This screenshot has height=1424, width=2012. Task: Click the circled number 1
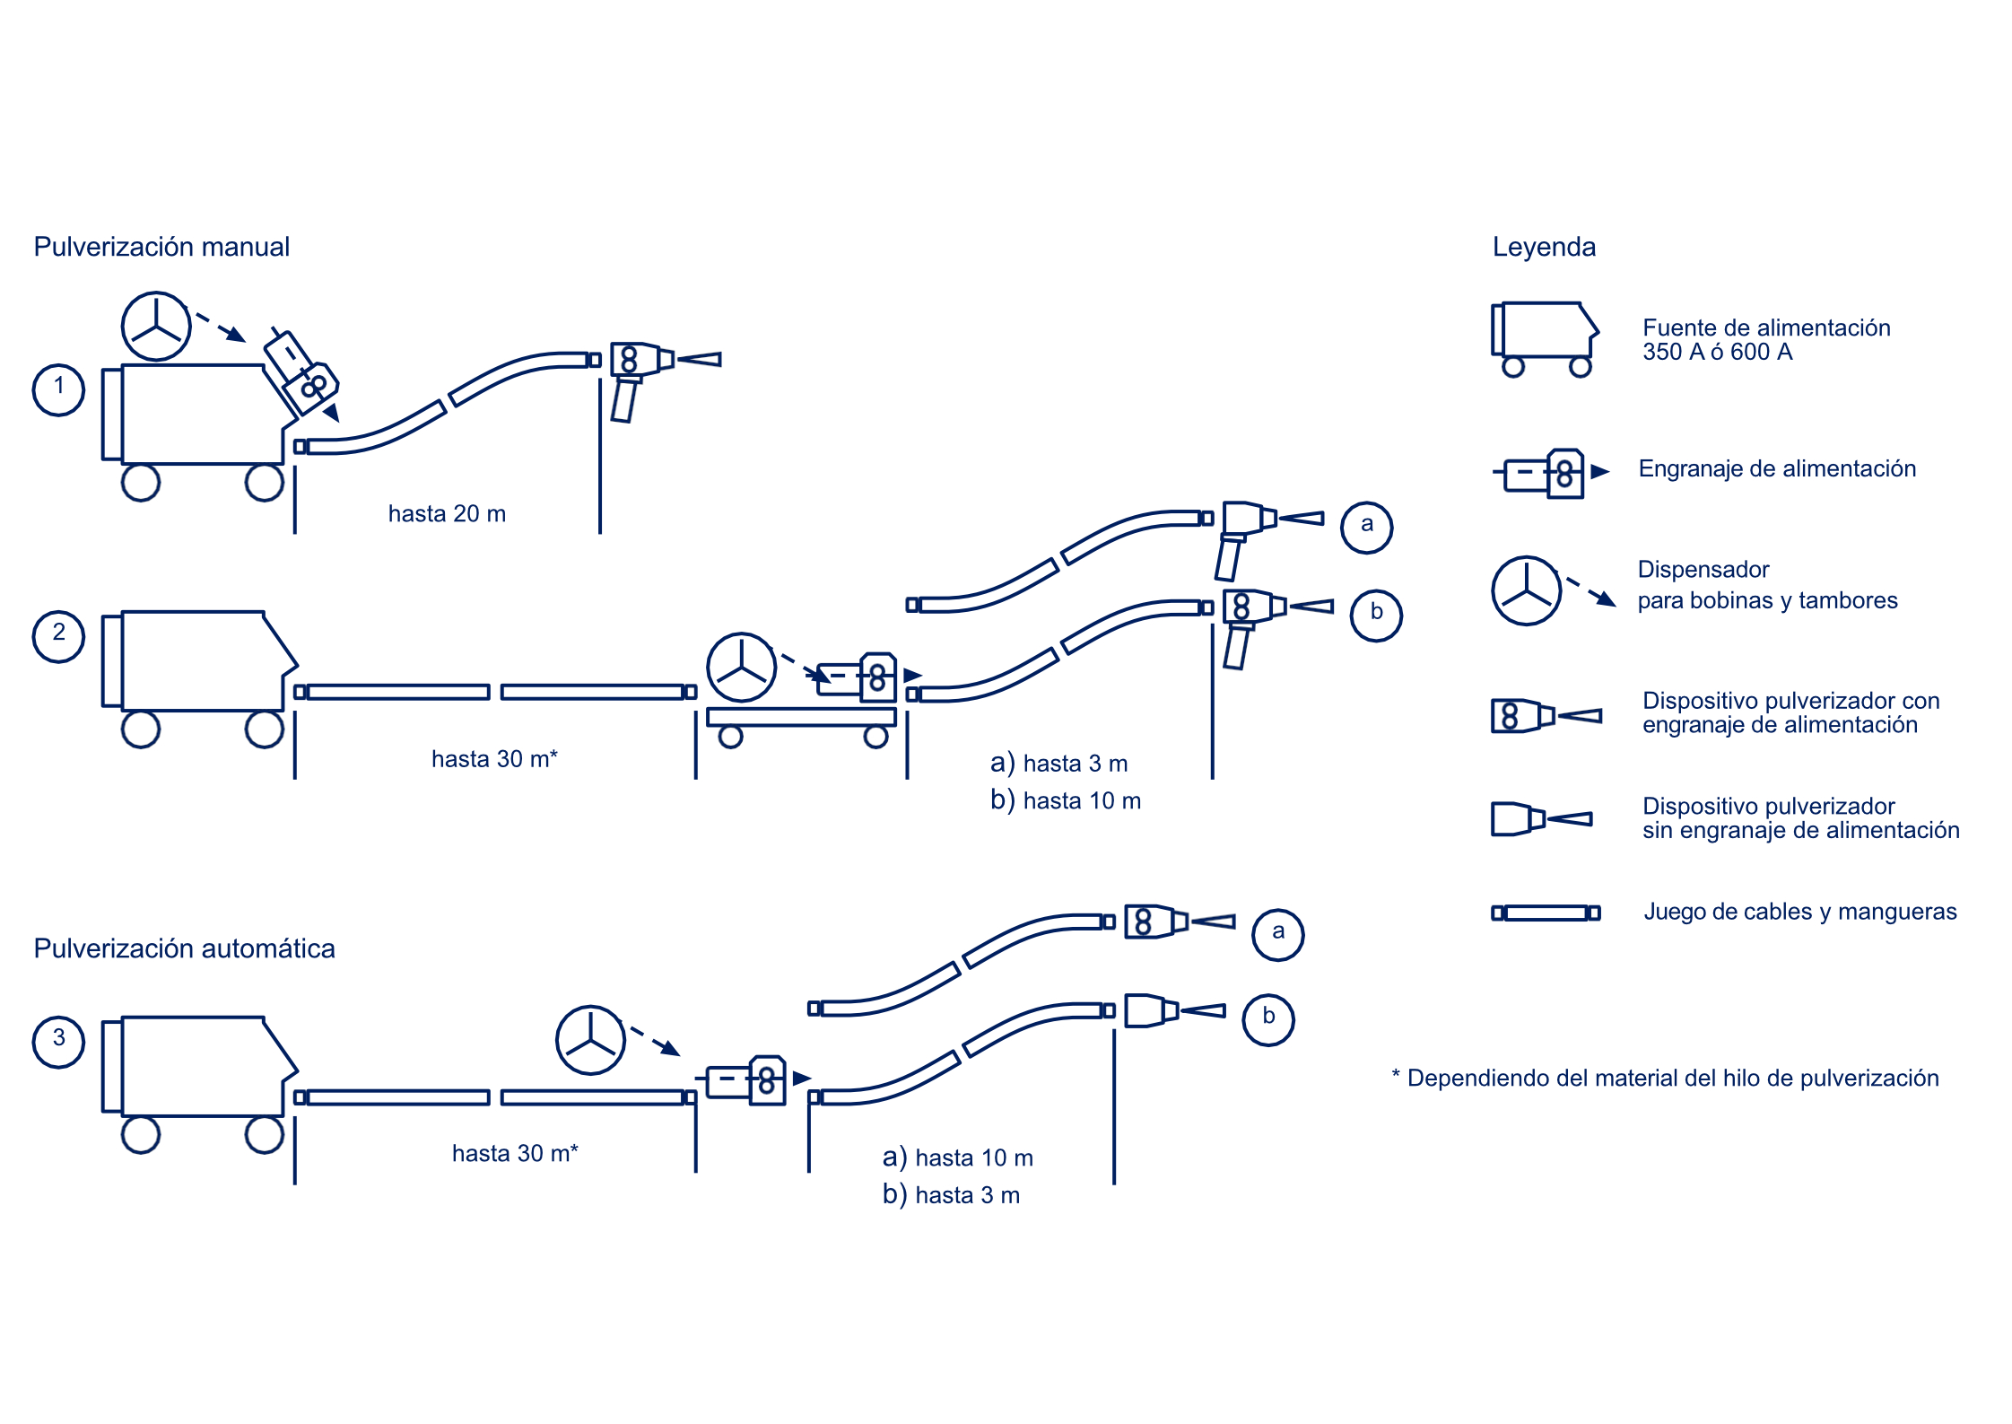point(58,389)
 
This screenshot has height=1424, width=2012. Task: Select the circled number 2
point(58,636)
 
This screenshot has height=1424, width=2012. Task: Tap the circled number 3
point(58,1042)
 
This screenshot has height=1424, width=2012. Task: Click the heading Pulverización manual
point(161,247)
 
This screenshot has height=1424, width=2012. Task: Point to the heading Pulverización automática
point(184,948)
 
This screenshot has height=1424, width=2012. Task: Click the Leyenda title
point(1544,247)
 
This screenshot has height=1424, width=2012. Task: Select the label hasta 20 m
point(447,513)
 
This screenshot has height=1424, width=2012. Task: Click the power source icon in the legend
point(1544,337)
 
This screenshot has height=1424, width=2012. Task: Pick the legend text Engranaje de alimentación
point(1776,468)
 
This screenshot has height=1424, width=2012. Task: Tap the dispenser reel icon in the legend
point(1526,590)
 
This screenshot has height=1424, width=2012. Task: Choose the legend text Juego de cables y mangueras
point(1799,912)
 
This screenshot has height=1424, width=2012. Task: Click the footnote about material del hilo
point(1665,1078)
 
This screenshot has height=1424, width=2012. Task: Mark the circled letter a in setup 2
point(1366,527)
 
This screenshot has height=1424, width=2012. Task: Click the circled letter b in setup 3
point(1267,1019)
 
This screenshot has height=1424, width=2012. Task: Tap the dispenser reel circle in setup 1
point(156,326)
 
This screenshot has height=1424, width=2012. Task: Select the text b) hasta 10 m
point(1065,799)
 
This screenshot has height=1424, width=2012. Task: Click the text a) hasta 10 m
point(957,1158)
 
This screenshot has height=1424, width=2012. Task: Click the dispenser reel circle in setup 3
point(590,1040)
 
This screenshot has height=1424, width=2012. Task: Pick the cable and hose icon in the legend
point(1545,913)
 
